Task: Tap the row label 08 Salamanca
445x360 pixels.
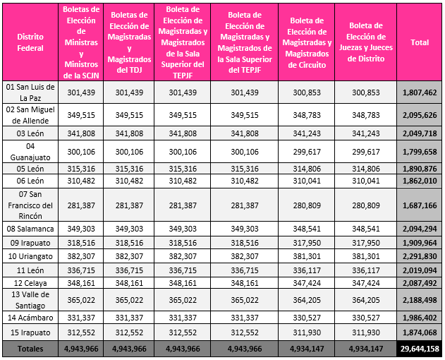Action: (x=30, y=229)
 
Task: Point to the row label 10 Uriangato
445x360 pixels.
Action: (x=30, y=256)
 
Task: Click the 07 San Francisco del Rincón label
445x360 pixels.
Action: (x=30, y=205)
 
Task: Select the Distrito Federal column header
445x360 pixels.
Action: (x=30, y=43)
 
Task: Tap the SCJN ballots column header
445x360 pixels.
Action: (x=81, y=43)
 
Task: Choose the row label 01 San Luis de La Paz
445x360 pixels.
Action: (x=30, y=92)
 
